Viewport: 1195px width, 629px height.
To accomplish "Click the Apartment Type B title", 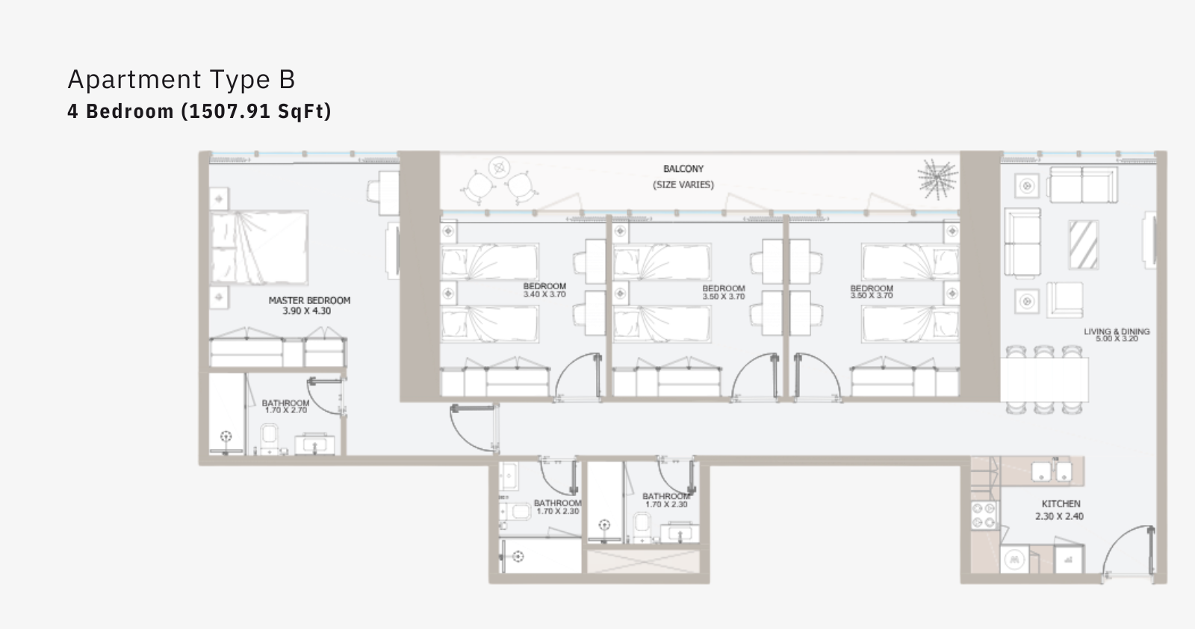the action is pos(181,79).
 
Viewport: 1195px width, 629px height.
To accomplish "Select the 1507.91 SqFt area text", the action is pos(257,111).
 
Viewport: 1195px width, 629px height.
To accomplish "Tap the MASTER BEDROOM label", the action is pos(309,300).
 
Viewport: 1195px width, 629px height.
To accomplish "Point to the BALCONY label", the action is pos(683,169).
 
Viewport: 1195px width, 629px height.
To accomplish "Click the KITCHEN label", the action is pos(1061,503).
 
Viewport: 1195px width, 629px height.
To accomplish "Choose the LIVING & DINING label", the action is pos(1117,331).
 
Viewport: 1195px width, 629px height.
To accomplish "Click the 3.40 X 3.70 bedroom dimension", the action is pos(544,294).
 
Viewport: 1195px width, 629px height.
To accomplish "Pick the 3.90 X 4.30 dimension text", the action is pos(307,311).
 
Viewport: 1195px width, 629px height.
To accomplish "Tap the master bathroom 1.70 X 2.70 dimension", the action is pos(286,410).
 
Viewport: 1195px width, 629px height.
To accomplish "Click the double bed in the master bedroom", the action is pos(259,247).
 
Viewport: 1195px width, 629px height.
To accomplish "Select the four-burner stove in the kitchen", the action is pos(984,515).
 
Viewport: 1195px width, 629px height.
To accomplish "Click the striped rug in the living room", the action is pos(1084,245).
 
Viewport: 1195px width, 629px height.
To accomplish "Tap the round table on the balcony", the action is pos(499,167).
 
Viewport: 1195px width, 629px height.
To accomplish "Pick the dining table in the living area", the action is pos(1044,379).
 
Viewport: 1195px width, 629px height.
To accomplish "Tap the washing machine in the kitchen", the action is pos(1014,560).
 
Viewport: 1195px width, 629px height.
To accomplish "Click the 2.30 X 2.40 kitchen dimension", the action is pos(1060,516).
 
